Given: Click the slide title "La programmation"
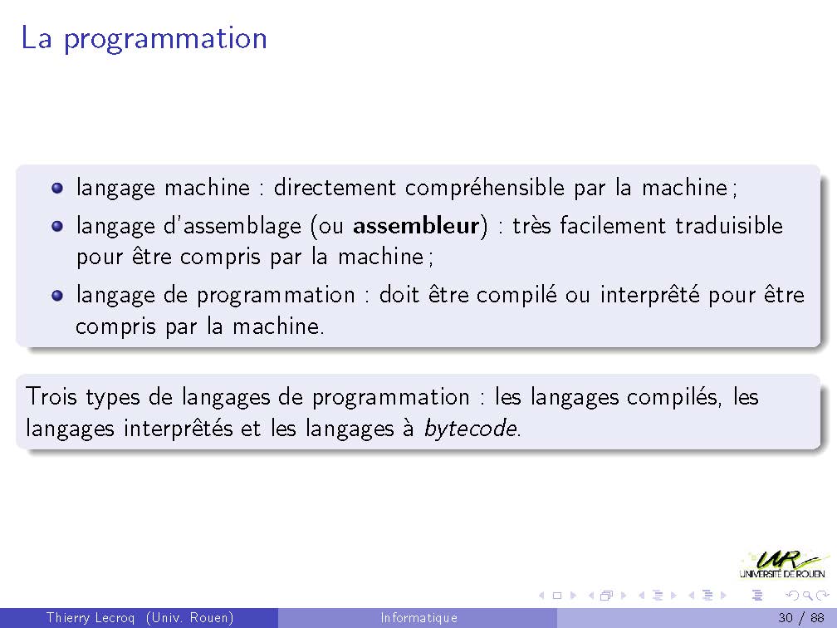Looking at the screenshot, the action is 144,39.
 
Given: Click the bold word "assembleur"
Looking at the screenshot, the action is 416,226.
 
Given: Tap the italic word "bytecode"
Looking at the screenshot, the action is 470,429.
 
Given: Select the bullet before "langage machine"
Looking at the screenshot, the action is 57,188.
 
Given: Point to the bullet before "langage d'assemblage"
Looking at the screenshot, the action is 57,227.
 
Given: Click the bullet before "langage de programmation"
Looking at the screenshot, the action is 57,296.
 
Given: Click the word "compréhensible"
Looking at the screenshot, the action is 485,189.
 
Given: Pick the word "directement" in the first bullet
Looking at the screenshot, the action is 335,188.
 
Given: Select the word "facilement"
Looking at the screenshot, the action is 613,226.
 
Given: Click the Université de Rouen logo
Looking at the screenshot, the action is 782,565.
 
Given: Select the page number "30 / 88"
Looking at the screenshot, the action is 800,618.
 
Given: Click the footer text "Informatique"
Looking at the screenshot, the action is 419,618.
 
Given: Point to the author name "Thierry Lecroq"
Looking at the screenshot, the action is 91,618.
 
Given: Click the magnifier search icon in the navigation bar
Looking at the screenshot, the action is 809,596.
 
